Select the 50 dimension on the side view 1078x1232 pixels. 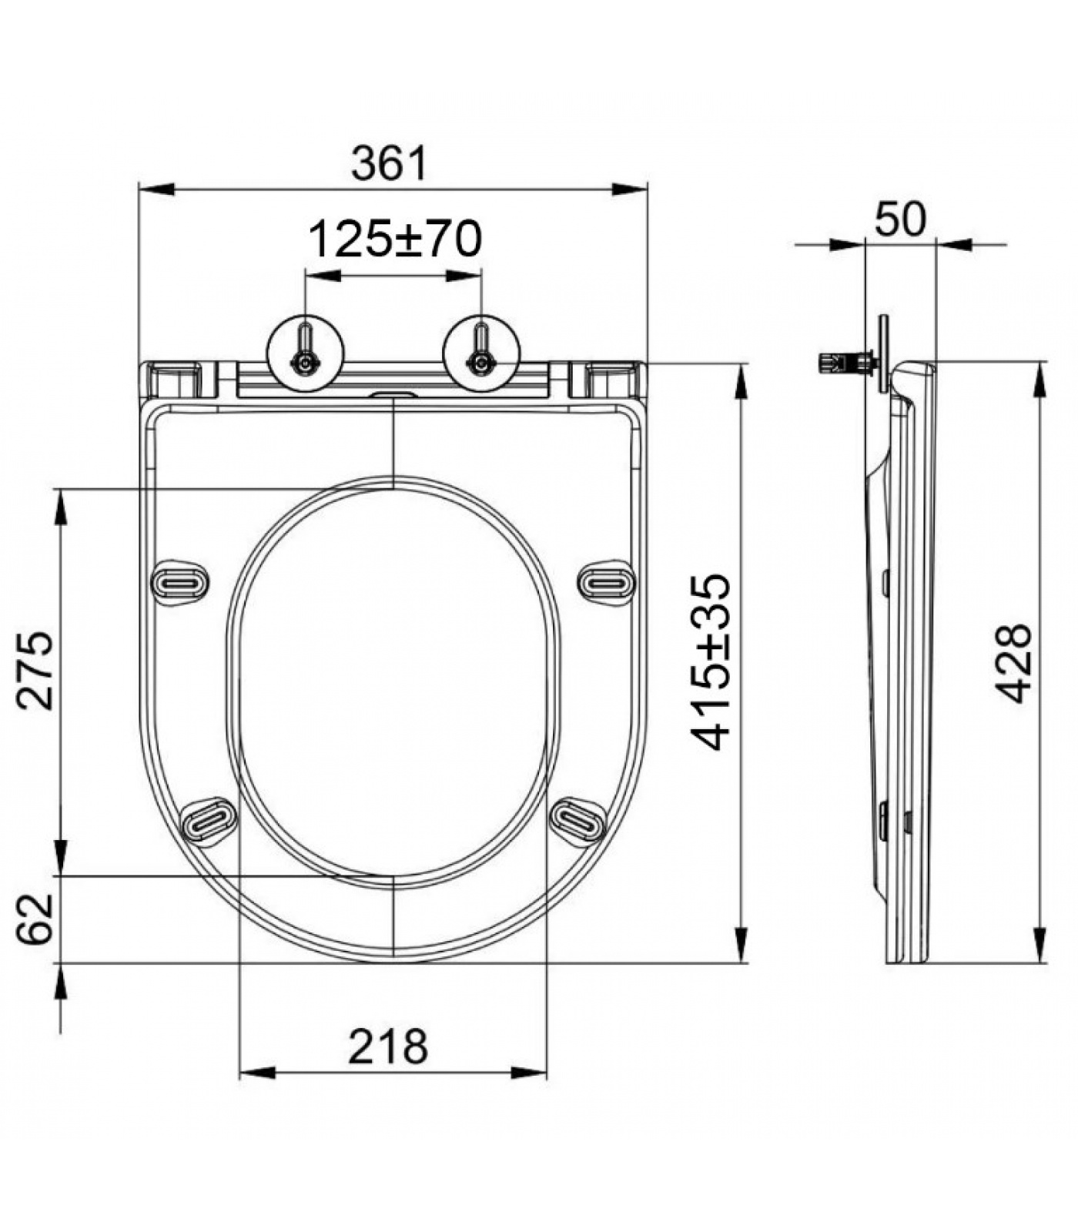point(900,219)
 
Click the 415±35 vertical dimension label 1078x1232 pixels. point(709,661)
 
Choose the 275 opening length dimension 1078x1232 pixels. point(36,669)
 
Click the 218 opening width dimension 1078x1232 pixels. point(388,1046)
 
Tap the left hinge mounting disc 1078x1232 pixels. point(306,353)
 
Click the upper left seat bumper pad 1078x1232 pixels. point(179,584)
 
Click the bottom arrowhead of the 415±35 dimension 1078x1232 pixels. point(741,944)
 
